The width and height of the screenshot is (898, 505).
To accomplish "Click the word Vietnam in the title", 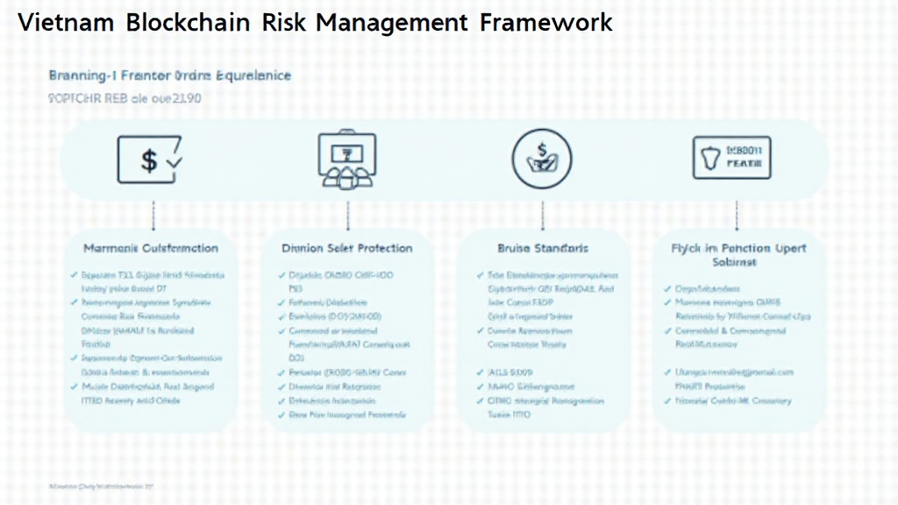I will click(x=65, y=23).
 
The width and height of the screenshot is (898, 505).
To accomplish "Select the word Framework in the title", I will click(x=546, y=23).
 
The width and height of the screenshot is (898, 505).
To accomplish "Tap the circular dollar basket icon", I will click(x=542, y=161).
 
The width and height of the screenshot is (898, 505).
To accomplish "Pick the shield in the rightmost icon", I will click(x=710, y=159).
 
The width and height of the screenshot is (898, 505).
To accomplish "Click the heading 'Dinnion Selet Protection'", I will click(x=346, y=248).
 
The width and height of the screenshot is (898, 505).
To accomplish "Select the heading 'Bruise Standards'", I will click(x=543, y=248).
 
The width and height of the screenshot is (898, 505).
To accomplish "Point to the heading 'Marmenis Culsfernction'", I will click(x=151, y=248).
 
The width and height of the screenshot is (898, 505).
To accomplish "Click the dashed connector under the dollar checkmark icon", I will click(x=153, y=214).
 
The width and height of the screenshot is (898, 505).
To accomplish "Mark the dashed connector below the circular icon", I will click(x=542, y=214).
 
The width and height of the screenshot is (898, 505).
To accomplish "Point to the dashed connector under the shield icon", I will click(x=736, y=214).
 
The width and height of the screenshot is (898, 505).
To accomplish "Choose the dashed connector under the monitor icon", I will click(x=348, y=214).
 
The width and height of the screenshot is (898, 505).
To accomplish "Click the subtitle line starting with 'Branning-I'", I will click(x=169, y=76).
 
